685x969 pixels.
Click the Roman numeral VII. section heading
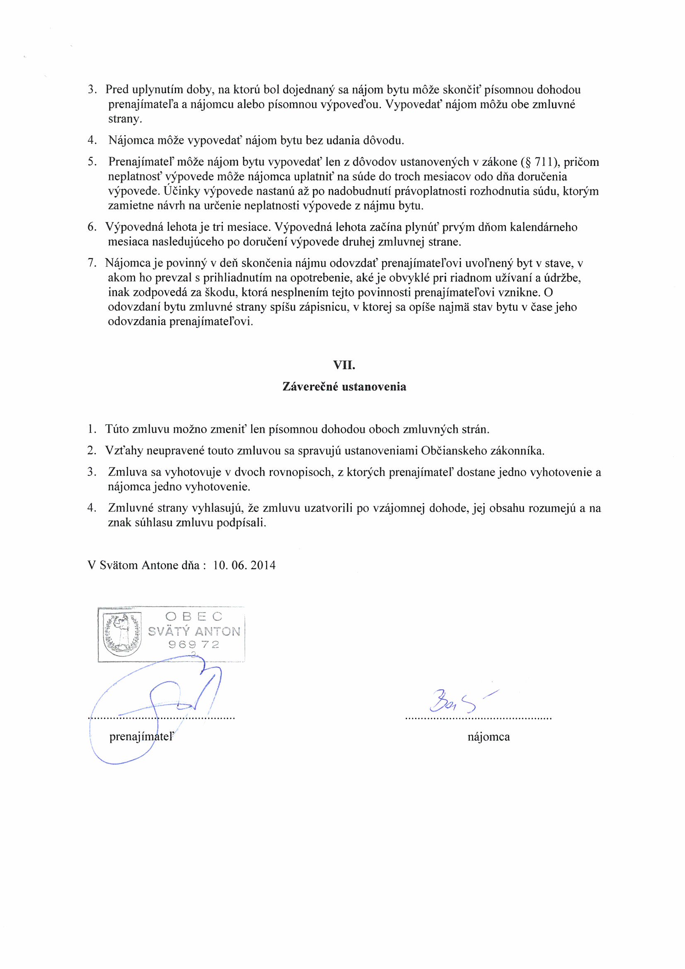click(344, 366)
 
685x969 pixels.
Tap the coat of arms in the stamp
click(122, 634)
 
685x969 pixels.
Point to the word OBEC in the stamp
click(194, 617)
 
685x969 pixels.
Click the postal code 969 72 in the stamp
click(194, 644)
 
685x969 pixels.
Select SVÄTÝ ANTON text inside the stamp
click(194, 631)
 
